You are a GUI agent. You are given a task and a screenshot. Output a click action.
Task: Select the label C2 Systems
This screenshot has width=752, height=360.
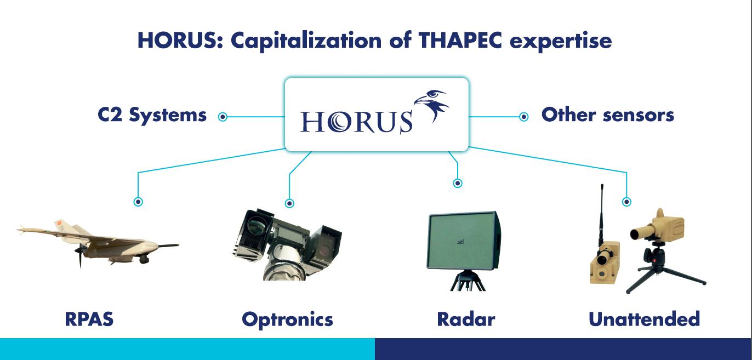tap(152, 115)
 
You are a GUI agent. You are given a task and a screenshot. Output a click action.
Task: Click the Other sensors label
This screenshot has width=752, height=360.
tap(608, 115)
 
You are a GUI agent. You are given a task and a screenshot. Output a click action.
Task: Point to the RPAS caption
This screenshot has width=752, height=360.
tap(89, 319)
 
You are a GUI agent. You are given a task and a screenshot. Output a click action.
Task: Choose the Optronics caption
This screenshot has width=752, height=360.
tap(287, 320)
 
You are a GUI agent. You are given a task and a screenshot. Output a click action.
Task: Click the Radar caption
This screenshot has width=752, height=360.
tap(466, 319)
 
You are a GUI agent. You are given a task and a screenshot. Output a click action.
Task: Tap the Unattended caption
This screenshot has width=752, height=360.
tap(644, 319)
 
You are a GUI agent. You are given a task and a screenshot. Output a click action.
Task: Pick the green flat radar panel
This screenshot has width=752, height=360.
tap(464, 241)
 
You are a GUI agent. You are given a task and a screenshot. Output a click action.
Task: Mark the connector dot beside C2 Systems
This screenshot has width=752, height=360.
tap(223, 117)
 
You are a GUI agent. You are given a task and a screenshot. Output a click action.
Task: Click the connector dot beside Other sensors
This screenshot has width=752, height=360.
tap(524, 117)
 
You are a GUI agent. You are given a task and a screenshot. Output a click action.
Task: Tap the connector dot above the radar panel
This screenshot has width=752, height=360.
tap(458, 183)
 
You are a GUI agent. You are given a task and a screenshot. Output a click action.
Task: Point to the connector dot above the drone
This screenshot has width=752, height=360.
tap(138, 202)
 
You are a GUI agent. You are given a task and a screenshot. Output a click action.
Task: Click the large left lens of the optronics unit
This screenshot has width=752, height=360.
tap(256, 225)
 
